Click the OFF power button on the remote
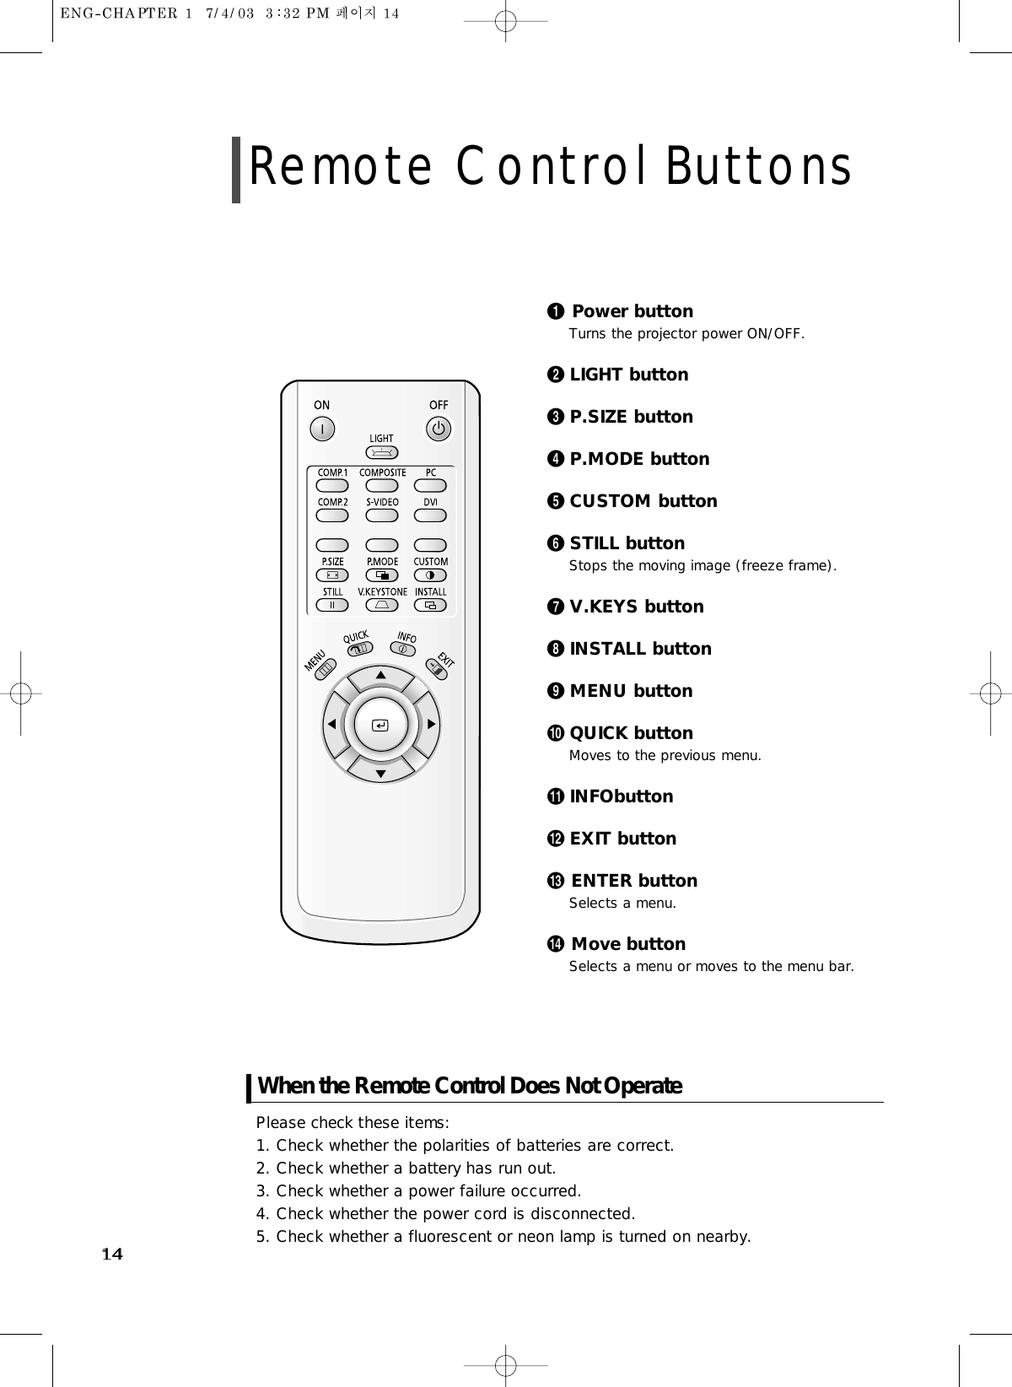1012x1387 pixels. coord(439,429)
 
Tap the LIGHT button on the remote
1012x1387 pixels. coord(382,453)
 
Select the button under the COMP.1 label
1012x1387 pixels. coord(333,486)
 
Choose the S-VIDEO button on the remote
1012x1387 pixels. coord(382,515)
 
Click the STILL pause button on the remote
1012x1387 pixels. coord(333,605)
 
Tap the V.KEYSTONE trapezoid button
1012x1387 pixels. coord(382,605)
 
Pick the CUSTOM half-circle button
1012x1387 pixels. coord(431,575)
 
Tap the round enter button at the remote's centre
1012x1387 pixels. coord(381,725)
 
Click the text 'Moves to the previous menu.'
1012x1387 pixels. coord(665,755)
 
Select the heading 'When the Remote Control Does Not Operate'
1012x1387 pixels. coord(470,1086)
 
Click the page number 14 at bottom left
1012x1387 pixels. coord(112,1254)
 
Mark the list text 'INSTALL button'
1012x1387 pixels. coord(640,649)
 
